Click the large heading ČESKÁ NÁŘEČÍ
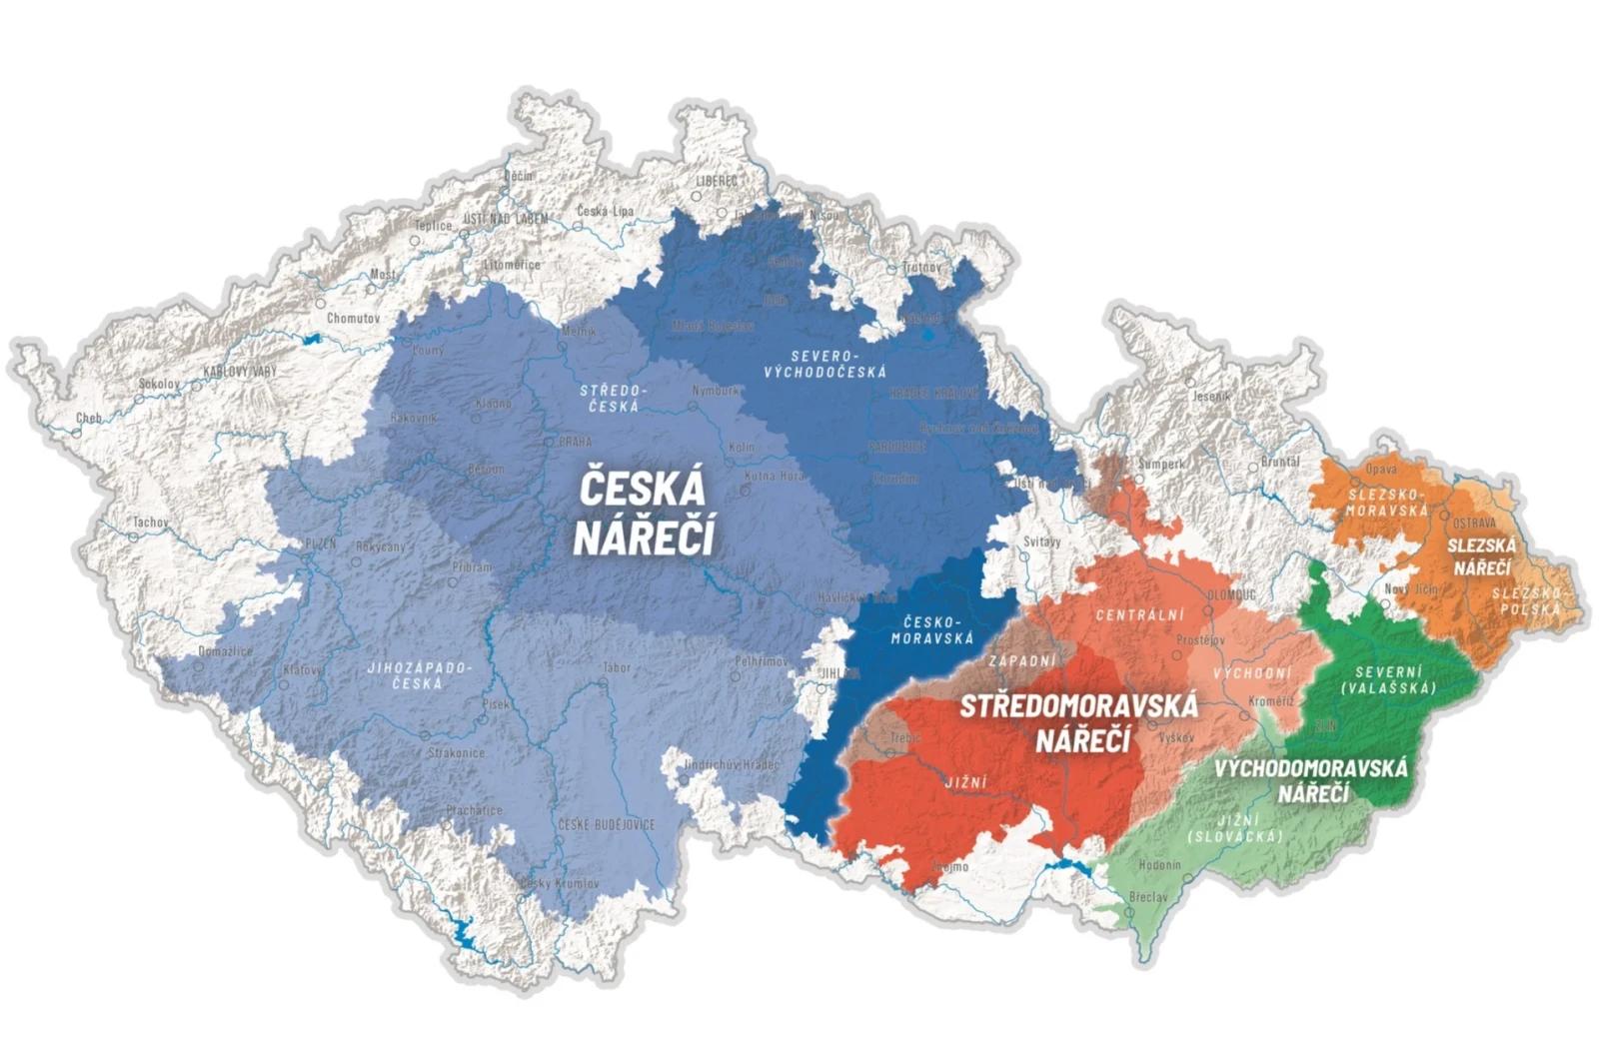[x=644, y=514]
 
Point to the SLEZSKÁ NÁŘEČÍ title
[x=1482, y=556]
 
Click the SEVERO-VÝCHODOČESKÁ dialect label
[x=824, y=364]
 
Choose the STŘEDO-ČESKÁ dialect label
[x=614, y=399]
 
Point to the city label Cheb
[x=89, y=418]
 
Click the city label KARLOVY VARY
[x=240, y=372]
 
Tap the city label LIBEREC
[x=717, y=181]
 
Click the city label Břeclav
[x=1147, y=897]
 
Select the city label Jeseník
[x=1212, y=397]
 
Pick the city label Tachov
[x=151, y=523]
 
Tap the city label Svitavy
[x=1042, y=540]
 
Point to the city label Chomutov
[x=354, y=318]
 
